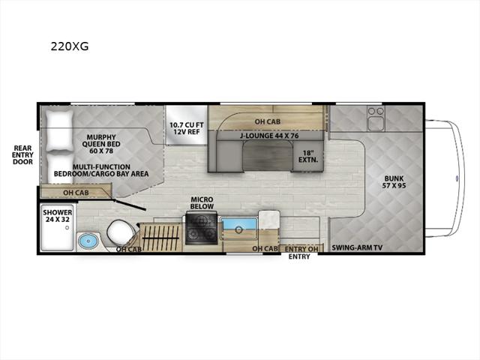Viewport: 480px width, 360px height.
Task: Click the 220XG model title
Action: click(70, 46)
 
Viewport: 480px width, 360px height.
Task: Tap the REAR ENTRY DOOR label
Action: click(22, 155)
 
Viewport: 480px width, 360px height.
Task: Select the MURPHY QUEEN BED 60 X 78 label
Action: click(101, 144)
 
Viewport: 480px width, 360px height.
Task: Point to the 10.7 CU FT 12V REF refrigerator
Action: click(187, 125)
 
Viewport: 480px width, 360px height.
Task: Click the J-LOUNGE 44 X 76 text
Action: click(269, 135)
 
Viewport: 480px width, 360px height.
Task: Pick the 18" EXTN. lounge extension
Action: click(308, 156)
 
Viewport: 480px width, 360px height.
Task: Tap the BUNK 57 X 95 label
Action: click(394, 181)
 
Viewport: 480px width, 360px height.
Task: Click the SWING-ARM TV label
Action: click(357, 247)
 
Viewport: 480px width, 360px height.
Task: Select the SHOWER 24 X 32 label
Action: click(58, 216)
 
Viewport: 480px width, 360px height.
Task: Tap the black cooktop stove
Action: click(201, 229)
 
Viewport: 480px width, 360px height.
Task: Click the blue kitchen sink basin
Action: click(239, 225)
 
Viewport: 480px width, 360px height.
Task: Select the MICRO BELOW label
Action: click(202, 203)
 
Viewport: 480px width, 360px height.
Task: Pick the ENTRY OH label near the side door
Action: click(301, 249)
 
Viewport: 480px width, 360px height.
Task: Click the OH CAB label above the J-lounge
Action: click(268, 121)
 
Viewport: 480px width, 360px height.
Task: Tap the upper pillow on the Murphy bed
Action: click(60, 130)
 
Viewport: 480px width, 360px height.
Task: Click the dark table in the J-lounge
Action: click(267, 156)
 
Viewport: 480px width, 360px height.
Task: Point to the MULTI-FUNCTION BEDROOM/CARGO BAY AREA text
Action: click(101, 170)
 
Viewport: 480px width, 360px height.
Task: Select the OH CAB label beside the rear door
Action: click(76, 193)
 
